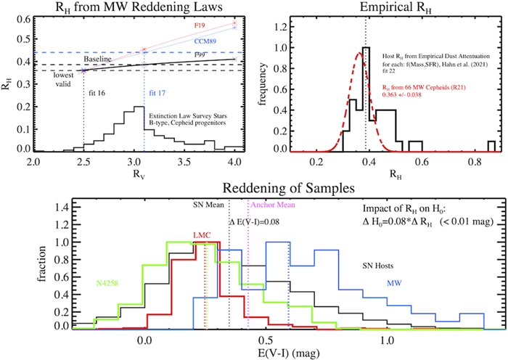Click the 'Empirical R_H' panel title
coord(390,8)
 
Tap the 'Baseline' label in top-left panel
coord(96,60)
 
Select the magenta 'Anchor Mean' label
coord(272,205)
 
